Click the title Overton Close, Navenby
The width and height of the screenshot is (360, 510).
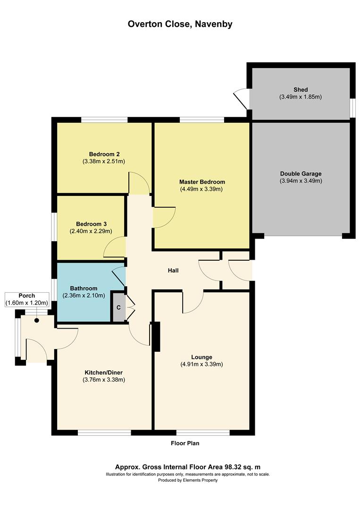point(180,24)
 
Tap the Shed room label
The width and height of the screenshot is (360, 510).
point(300,90)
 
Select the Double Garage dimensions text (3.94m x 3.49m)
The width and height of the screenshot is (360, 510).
point(301,181)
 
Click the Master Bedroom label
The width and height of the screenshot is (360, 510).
point(202,182)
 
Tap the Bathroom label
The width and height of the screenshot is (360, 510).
point(84,289)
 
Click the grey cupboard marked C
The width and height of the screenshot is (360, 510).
point(118,307)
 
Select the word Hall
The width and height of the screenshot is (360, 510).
point(173,271)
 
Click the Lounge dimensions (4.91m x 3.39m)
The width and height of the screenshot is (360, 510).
point(201,364)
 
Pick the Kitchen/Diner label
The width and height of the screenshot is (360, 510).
point(103,372)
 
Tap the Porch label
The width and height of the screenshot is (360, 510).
point(27,296)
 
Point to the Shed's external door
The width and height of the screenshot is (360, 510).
point(241,98)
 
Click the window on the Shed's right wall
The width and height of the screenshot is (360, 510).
point(352,107)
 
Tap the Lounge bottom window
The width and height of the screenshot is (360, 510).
point(203,433)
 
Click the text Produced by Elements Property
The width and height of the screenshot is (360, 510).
point(188,480)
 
